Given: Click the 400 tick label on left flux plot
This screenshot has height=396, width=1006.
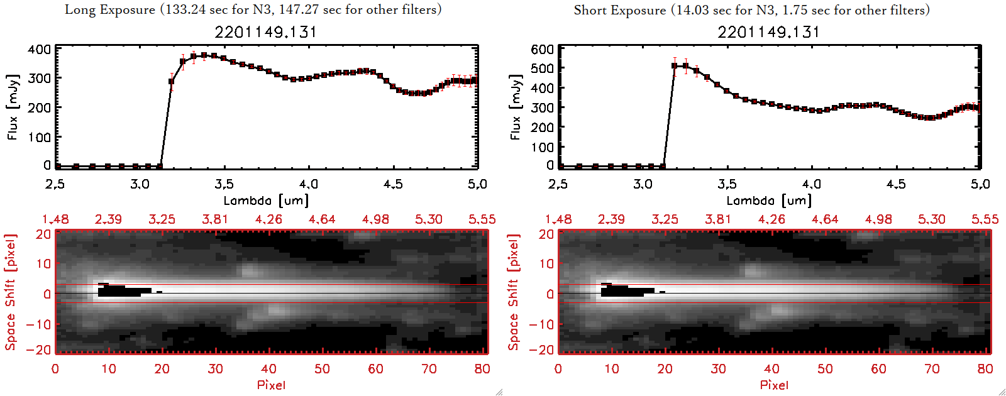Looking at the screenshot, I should (x=40, y=49).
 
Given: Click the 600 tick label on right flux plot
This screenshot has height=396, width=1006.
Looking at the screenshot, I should (x=543, y=49).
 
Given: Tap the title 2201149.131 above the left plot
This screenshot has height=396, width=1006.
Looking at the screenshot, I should (x=265, y=32).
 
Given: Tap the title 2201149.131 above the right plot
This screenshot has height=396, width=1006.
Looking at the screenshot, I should (x=768, y=32).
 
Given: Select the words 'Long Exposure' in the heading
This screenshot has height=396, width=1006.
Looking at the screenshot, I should (x=110, y=10).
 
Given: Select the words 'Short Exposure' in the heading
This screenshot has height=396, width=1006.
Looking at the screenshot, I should (x=619, y=10).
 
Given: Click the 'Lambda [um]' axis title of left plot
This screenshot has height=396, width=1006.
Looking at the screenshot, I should (x=266, y=201).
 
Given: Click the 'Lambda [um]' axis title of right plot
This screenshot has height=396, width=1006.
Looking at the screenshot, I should (x=769, y=201).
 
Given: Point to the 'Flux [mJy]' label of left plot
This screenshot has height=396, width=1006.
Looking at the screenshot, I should (x=13, y=107).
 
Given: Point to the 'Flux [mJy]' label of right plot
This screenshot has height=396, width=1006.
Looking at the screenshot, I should (x=516, y=107).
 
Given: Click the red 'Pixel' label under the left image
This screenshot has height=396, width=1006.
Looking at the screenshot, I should (x=271, y=385).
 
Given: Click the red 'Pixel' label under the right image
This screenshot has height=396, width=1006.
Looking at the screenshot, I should (x=774, y=385).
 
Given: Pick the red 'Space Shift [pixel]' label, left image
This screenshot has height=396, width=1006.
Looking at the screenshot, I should (x=10, y=292).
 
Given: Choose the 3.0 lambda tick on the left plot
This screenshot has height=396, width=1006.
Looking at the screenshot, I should (x=140, y=184).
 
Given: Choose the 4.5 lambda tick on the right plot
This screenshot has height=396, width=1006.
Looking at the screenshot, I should (x=896, y=184).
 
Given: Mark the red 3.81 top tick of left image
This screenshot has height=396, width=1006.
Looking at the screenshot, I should (x=215, y=219).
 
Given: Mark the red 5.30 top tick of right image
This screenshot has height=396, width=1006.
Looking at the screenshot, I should (x=931, y=219).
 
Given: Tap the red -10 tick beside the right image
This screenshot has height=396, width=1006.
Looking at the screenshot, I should (x=542, y=324).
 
